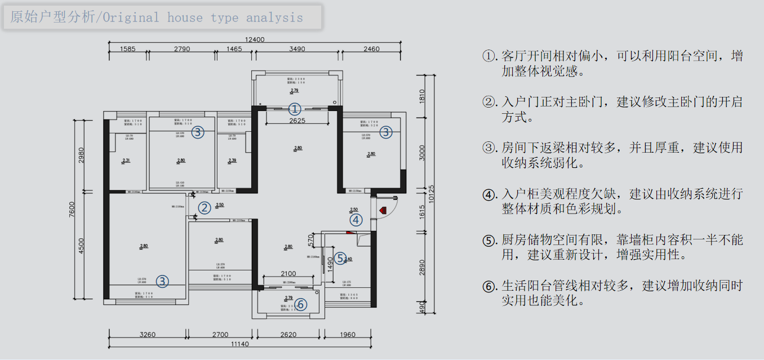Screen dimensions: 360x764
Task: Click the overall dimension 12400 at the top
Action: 255,39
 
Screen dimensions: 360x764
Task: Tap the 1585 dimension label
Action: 128,49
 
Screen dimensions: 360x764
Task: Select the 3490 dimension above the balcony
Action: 297,49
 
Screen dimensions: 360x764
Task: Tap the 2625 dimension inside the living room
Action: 297,121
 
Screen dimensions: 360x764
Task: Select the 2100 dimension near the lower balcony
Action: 288,274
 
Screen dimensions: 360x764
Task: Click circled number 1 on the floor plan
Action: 295,109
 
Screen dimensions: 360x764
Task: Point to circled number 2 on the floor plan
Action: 204,208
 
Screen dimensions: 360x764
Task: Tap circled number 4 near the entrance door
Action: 356,220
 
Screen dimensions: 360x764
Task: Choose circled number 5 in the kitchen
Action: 340,258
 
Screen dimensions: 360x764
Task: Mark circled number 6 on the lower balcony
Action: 301,304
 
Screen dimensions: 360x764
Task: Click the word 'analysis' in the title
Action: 274,17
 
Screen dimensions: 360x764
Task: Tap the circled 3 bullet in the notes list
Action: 489,149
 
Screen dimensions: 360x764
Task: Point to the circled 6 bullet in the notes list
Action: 489,286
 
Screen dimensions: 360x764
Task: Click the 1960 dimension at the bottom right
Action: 348,335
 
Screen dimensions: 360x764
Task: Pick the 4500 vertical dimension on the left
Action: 81,246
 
